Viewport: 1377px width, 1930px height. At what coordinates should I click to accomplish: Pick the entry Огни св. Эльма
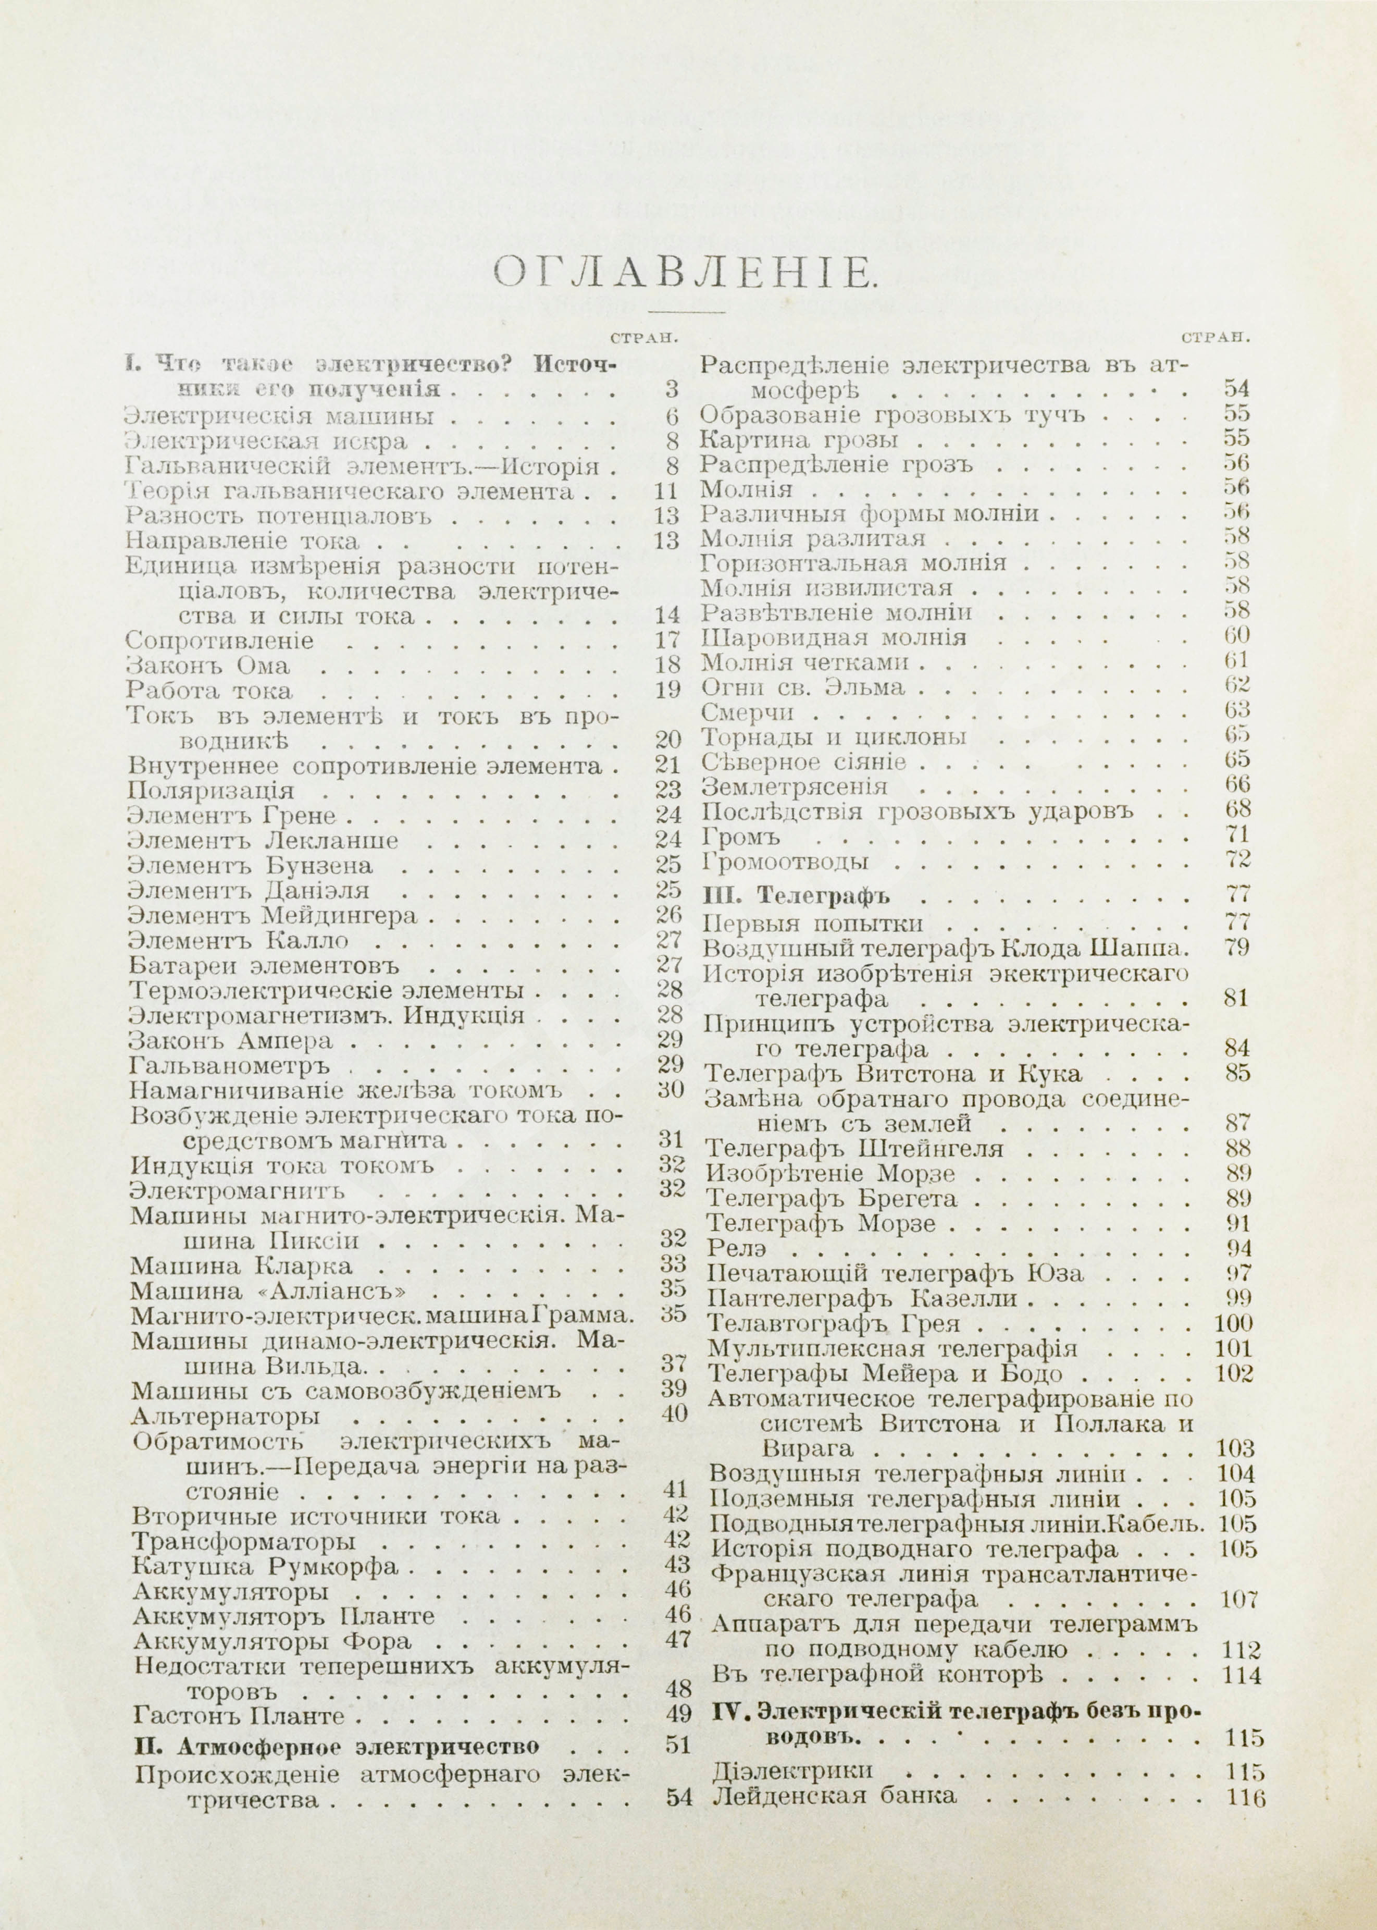click(x=804, y=686)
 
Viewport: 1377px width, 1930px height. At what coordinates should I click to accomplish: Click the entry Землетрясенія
click(x=796, y=785)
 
